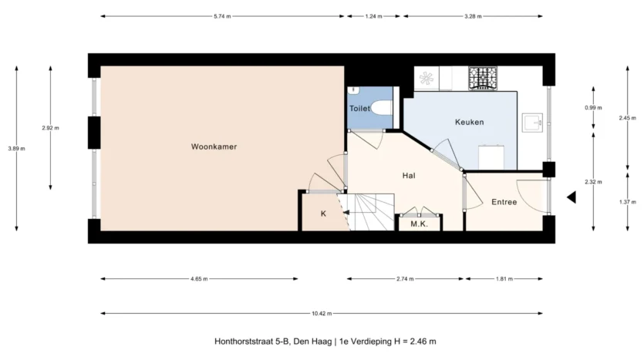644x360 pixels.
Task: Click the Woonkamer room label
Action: pos(214,146)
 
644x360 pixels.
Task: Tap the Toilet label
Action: pos(359,109)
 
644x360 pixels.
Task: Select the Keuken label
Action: pos(469,122)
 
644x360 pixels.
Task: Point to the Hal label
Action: pos(409,176)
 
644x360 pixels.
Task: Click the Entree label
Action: pos(504,202)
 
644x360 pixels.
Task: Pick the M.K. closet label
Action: pos(419,224)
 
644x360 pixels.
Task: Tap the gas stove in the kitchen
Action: pos(483,78)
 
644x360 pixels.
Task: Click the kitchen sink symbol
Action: pos(532,123)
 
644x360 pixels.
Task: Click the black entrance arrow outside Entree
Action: pos(572,197)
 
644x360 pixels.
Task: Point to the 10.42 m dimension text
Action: pos(322,314)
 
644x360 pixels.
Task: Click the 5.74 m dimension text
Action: pos(222,16)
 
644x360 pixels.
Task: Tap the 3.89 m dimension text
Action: pos(16,149)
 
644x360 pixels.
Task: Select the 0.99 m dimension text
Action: pos(593,108)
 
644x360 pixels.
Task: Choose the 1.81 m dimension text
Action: pos(504,279)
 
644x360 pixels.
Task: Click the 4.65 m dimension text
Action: pos(199,279)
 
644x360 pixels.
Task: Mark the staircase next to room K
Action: pos(366,212)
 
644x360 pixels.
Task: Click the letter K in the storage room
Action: pos(323,214)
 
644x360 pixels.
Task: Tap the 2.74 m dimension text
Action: pos(405,279)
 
